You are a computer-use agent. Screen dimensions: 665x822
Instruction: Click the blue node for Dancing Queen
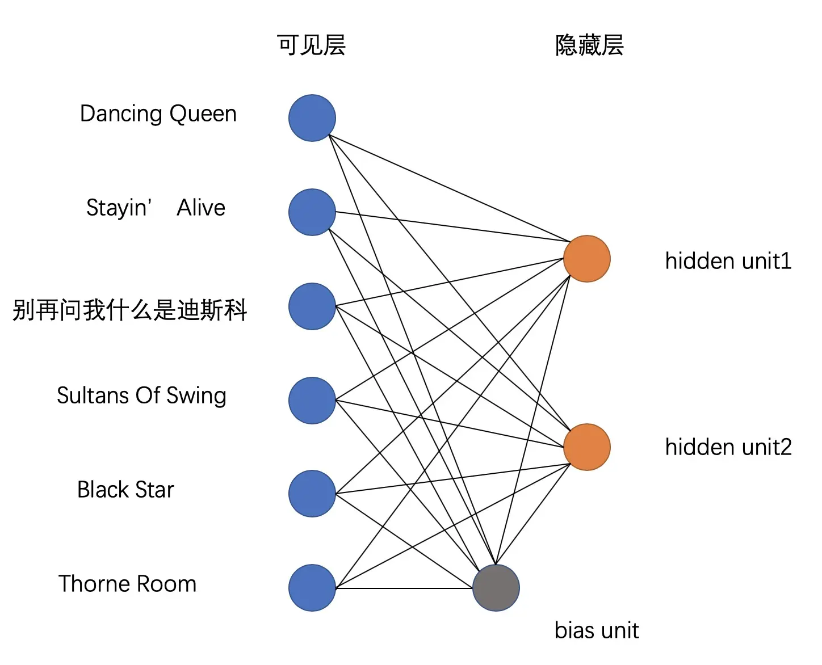312,118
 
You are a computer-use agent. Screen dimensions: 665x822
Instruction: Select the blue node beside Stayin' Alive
312,212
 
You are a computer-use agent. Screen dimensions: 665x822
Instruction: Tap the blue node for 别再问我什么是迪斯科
312,306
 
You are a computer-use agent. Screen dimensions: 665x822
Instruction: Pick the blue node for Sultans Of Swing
312,401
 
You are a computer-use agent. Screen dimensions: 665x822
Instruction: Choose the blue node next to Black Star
312,494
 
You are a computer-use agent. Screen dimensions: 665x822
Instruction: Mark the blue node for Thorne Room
312,588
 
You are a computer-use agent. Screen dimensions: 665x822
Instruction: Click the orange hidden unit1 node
586,259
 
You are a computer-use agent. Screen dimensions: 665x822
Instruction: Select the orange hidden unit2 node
586,447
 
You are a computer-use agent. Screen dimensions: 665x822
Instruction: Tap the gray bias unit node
496,588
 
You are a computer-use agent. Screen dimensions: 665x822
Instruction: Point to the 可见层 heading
311,45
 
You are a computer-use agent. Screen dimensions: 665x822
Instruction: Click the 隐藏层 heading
589,45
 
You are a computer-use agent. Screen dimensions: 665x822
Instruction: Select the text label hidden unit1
728,261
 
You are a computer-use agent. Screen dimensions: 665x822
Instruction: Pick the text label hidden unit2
728,447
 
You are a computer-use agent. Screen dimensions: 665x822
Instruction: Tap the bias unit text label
597,630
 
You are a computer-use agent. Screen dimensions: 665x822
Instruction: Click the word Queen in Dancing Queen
203,114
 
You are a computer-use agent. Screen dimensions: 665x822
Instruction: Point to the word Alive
201,208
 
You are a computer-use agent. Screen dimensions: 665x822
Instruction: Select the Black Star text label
125,490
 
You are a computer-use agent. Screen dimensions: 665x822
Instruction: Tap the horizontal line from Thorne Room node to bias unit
403,588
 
